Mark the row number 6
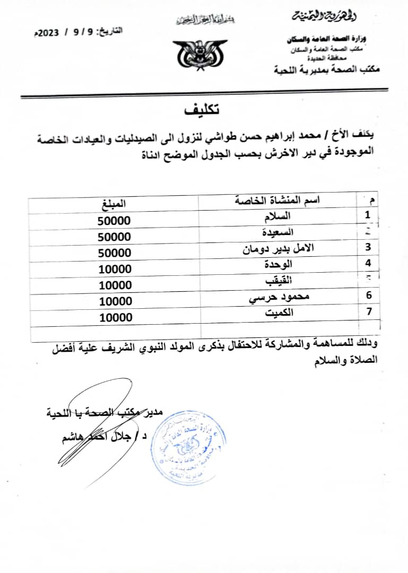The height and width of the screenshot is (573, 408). (x=368, y=295)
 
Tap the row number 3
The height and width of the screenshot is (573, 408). (x=368, y=247)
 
